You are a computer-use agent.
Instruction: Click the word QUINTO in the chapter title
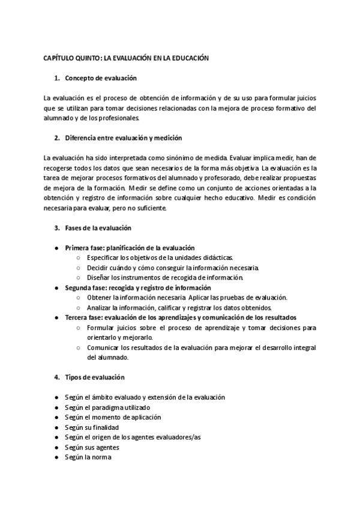[86, 59]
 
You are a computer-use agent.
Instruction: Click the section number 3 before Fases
[56, 228]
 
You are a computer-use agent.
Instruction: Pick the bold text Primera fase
[85, 248]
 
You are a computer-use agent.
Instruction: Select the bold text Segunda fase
[86, 288]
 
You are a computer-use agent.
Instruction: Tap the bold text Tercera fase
[85, 317]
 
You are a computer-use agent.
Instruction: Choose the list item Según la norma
[88, 457]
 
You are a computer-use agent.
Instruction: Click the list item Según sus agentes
[92, 447]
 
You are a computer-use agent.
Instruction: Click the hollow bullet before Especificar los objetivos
[79, 258]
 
